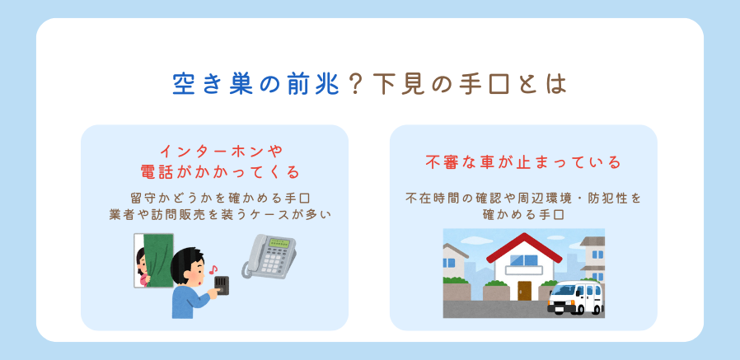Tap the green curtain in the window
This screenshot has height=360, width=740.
(x=158, y=260)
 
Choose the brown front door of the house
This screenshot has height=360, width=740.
(x=524, y=291)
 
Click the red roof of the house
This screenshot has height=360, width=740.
(x=524, y=247)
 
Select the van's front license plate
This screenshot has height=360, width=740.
(x=557, y=310)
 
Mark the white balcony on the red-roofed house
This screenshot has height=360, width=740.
(x=524, y=270)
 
